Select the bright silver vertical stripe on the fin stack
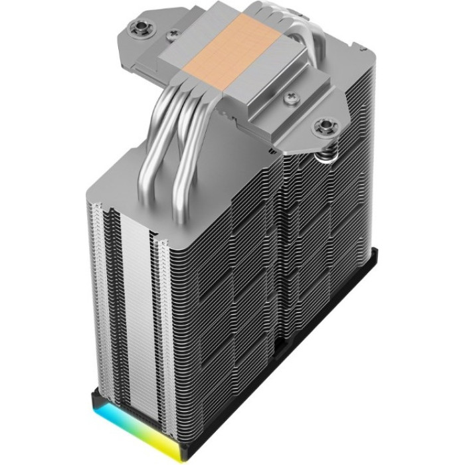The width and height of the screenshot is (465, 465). [x=133, y=299]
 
